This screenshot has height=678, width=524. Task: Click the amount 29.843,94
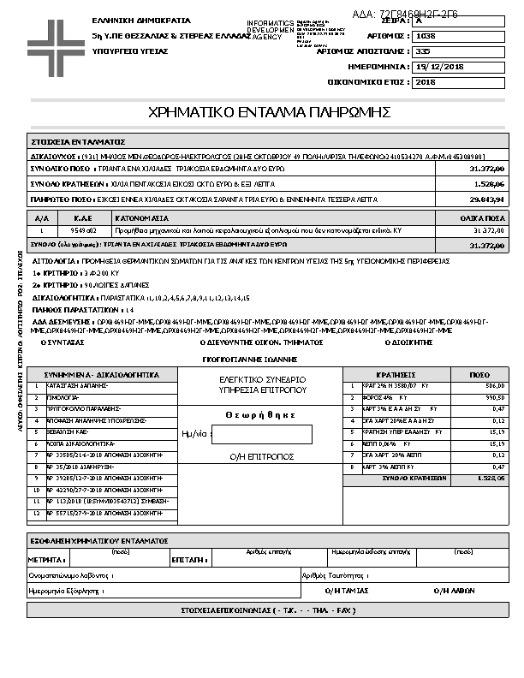tap(486, 199)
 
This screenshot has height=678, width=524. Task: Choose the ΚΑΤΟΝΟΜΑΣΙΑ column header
tap(136, 218)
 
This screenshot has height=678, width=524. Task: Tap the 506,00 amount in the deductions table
tap(495, 386)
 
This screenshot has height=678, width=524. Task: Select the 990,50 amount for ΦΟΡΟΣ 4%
tap(495, 398)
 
